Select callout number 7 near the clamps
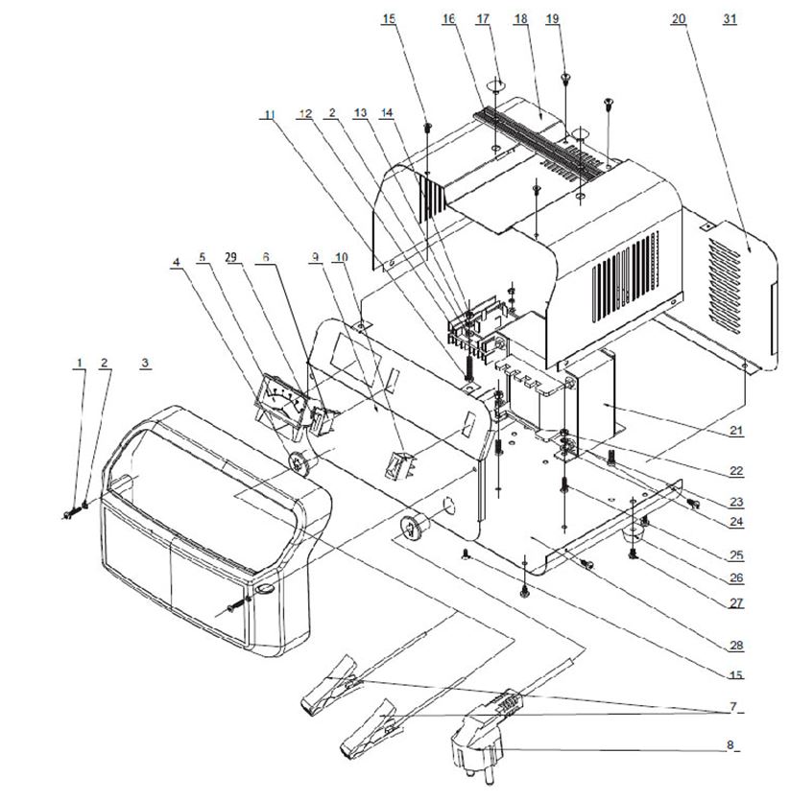pos(733,707)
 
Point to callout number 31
pos(730,19)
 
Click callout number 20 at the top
pos(679,19)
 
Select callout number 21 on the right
pos(736,433)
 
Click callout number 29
pos(230,257)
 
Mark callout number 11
pos(269,115)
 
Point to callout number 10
pos(341,257)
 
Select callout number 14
pos(387,112)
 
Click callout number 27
pos(736,604)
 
